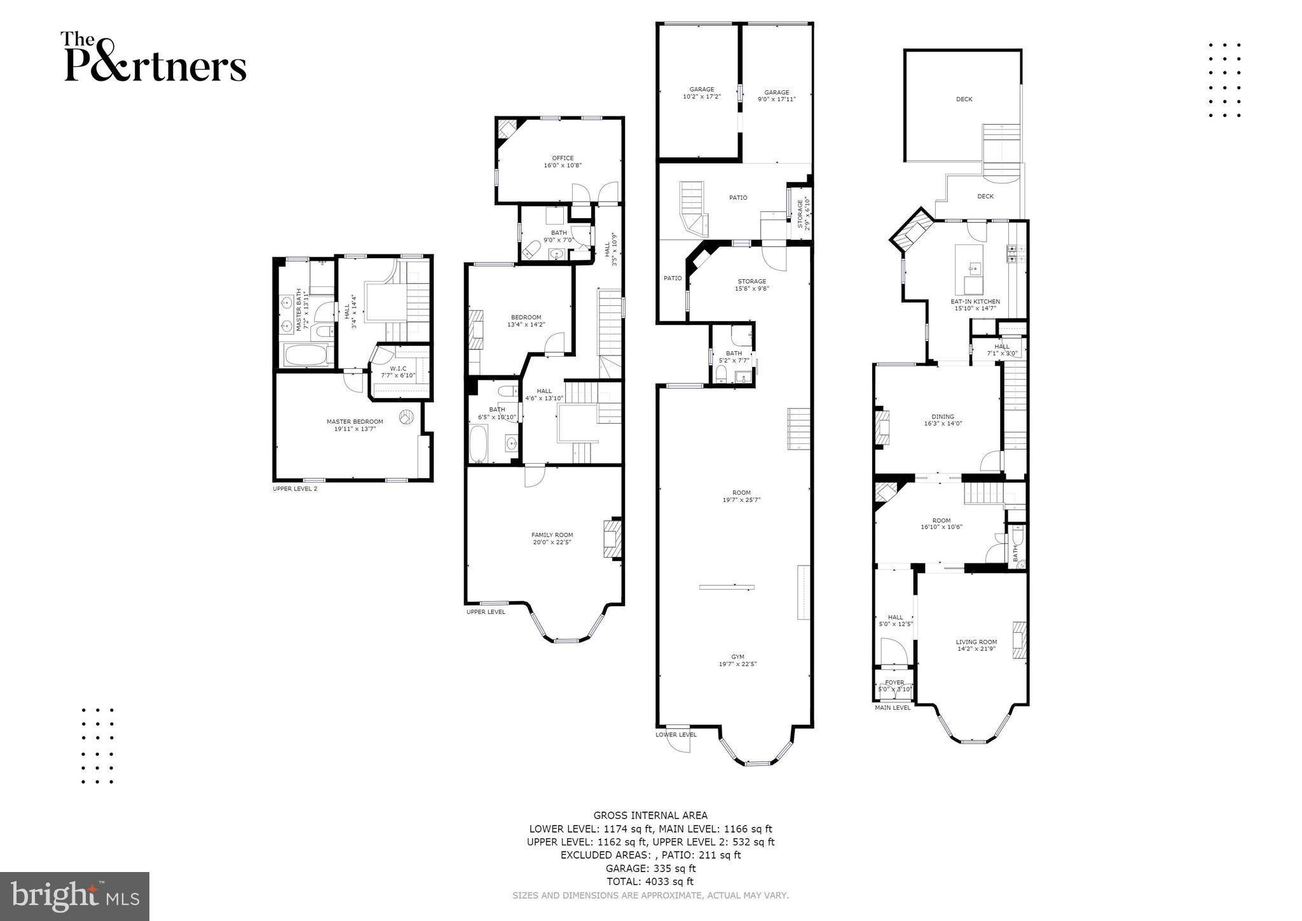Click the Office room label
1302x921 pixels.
563,162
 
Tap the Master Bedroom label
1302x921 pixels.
355,425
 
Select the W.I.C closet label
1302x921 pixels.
398,371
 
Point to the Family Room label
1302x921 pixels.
552,538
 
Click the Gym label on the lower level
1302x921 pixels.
737,660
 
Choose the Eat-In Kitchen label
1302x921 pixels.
975,305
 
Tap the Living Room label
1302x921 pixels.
976,645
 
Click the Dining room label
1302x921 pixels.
943,420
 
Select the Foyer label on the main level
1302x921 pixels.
894,686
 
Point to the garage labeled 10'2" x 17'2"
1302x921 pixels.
702,93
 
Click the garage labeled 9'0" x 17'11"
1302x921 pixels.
776,95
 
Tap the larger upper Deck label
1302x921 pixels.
964,99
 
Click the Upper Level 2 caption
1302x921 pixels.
294,488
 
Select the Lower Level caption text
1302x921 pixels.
676,734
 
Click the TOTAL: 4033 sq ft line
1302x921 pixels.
650,882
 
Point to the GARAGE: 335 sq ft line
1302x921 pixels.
650,868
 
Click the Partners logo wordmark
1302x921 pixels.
153,59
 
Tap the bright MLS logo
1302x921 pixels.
74,897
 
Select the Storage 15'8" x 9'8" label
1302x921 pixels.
751,284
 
